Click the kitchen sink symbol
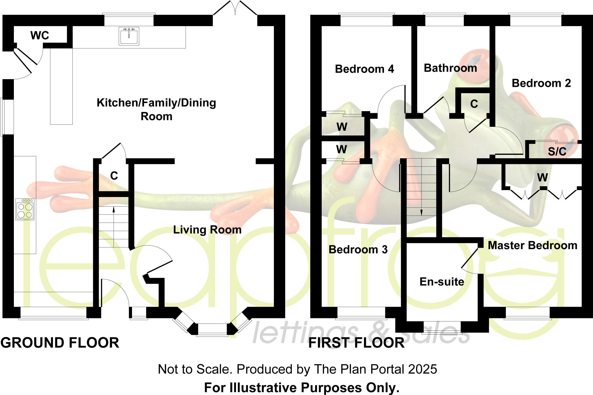(x=129, y=36)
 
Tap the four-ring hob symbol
(x=25, y=209)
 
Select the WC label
(x=40, y=36)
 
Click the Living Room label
(x=207, y=230)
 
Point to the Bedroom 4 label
(x=365, y=69)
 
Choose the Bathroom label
(x=451, y=68)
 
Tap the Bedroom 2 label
(x=541, y=83)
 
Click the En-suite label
(x=442, y=282)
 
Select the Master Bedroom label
(x=533, y=245)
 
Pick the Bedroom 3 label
(x=358, y=249)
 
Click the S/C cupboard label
(x=557, y=152)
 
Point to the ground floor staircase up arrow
(x=114, y=227)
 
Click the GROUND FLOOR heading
(x=60, y=343)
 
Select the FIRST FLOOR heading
(x=356, y=343)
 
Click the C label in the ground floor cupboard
(x=114, y=176)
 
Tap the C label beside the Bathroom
(x=474, y=104)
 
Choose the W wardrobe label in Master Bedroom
(x=543, y=177)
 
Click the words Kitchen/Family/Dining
(x=156, y=103)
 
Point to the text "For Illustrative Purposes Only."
(x=302, y=388)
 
